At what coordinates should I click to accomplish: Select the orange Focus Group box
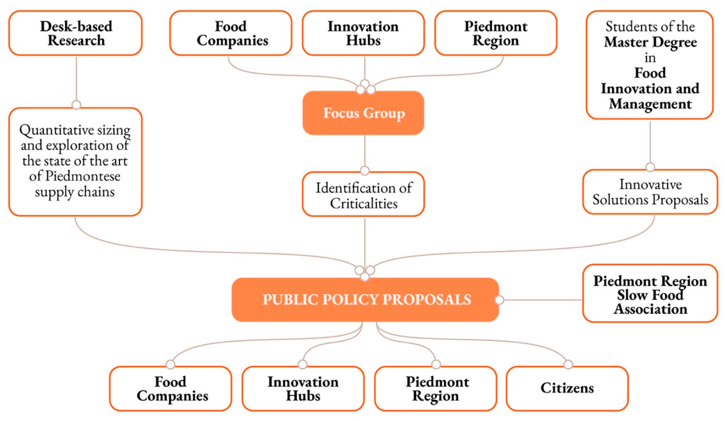coord(363,113)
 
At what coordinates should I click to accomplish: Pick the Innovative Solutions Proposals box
coord(650,192)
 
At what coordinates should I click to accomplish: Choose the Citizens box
coord(567,388)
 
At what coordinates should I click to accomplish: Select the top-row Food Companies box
coord(231,33)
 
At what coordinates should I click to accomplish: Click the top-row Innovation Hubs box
coord(363,33)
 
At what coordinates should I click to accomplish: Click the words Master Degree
coord(650,42)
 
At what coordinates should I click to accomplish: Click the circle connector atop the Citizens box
coord(568,364)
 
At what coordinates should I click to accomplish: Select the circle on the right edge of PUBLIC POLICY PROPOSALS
coord(499,300)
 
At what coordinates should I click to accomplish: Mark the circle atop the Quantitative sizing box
coord(76,105)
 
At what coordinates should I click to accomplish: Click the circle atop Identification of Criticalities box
coord(365,170)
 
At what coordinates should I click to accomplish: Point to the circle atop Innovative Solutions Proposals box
coord(650,167)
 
